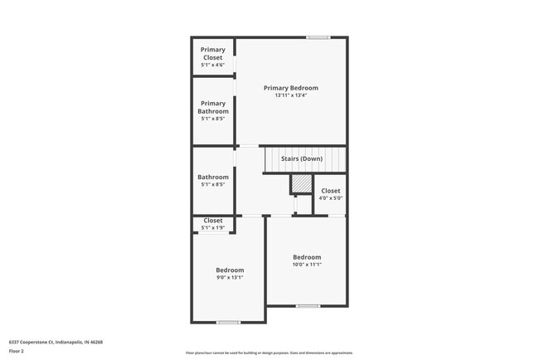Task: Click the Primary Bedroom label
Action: pos(290,88)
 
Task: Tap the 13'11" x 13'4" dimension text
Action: pos(290,95)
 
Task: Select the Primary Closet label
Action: pos(212,54)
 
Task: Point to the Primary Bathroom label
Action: pos(212,108)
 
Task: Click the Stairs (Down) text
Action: pos(301,158)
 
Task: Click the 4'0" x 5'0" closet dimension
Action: pos(330,198)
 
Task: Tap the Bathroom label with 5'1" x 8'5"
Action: pos(212,177)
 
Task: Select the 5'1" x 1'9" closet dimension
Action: pos(212,228)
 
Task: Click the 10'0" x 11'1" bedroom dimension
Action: pos(307,265)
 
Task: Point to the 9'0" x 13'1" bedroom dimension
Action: pos(230,278)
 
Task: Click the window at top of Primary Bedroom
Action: pos(318,37)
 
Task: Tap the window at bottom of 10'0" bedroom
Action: pos(308,306)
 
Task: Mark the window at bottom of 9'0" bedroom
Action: pos(228,322)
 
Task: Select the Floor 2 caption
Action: pos(17,351)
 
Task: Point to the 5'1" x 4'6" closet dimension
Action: pos(212,65)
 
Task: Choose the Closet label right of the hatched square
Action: pos(330,191)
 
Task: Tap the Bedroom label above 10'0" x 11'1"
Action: pos(307,257)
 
